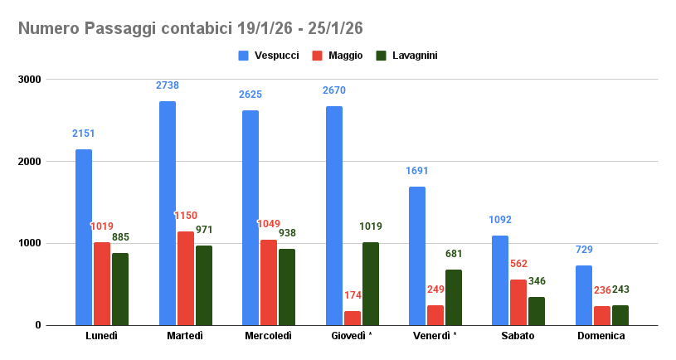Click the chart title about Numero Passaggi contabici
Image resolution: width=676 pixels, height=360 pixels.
191,29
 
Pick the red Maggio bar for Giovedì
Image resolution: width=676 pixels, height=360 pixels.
353,319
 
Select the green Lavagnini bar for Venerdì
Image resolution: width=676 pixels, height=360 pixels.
454,297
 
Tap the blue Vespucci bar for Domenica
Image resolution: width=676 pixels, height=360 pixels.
584,295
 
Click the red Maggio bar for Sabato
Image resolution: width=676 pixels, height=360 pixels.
518,302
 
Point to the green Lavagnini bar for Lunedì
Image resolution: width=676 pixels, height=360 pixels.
120,289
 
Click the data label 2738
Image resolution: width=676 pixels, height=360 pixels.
168,85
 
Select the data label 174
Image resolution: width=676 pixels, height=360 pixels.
353,295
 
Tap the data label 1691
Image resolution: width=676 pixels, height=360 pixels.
417,171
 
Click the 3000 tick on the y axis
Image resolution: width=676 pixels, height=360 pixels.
31,80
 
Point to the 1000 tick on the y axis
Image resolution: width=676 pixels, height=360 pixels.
31,243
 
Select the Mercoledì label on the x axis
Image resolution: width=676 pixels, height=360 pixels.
269,336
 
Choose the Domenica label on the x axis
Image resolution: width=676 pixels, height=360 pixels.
602,336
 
